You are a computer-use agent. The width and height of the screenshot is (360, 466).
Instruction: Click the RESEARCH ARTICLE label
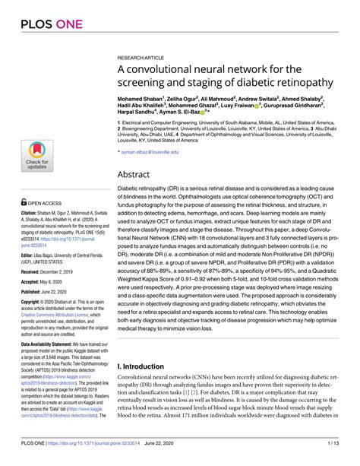pyautogui.click(x=142, y=57)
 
